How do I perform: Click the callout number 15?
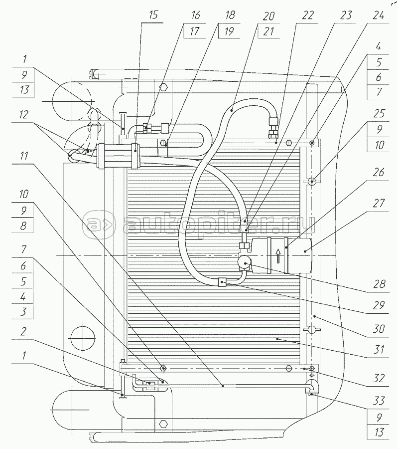click(x=153, y=15)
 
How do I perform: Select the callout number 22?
click(x=307, y=15)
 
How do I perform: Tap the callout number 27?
click(x=379, y=204)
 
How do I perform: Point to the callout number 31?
click(x=379, y=350)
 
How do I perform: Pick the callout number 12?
click(x=23, y=115)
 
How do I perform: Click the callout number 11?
click(x=24, y=156)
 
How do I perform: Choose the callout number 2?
click(x=23, y=331)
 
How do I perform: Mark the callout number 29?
click(x=379, y=305)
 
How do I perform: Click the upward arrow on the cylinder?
click(x=278, y=256)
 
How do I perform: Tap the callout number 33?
click(x=379, y=401)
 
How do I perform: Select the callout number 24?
click(x=379, y=15)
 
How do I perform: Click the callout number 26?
click(x=379, y=173)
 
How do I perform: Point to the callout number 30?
click(x=379, y=329)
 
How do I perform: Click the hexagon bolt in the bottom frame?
click(x=163, y=423)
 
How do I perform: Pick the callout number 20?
click(x=268, y=16)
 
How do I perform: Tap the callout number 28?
click(x=379, y=284)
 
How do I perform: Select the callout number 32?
click(x=379, y=378)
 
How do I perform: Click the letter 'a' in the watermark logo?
click(x=93, y=224)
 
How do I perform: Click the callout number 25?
click(x=379, y=114)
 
